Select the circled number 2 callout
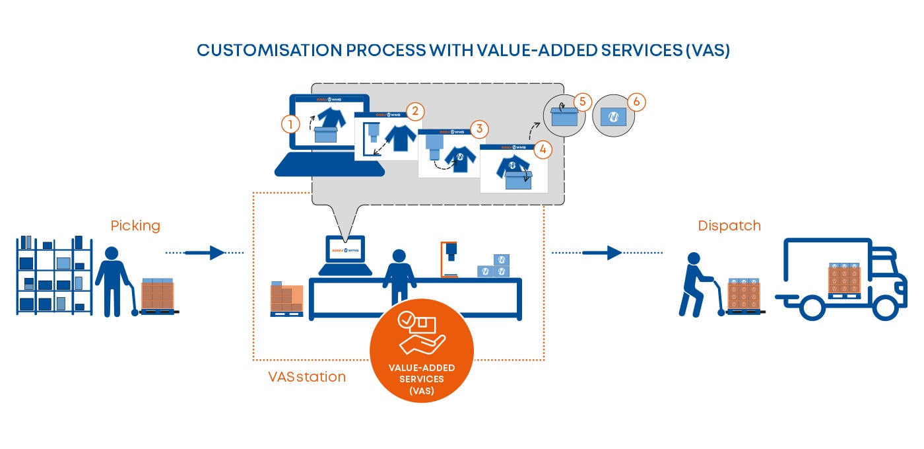414,111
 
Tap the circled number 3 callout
478,128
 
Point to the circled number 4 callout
542,149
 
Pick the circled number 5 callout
581,102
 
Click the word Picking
135,226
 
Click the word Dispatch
729,226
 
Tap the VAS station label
306,377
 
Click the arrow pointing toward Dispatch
607,252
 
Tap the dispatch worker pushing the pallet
696,284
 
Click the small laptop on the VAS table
345,255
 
